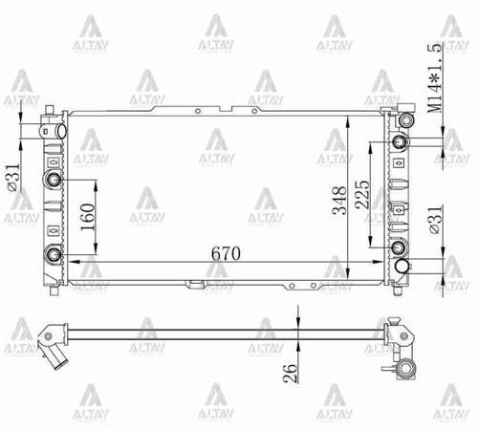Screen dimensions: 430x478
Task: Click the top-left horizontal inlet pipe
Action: click(x=53, y=127)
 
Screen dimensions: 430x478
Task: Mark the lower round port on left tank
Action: click(x=54, y=253)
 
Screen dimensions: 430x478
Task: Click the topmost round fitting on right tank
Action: click(x=406, y=120)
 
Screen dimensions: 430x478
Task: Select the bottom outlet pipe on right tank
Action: click(x=405, y=269)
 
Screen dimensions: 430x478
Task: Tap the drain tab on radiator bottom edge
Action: click(x=196, y=284)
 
